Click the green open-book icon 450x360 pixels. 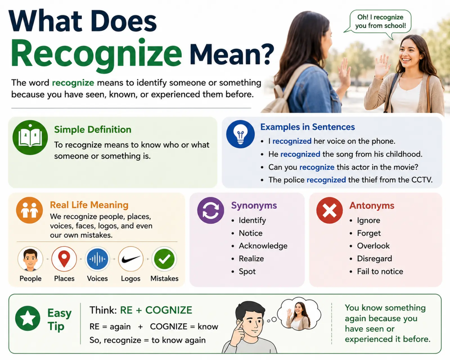point(30,138)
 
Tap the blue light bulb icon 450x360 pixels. point(240,134)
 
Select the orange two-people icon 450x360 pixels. point(30,210)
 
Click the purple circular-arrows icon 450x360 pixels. point(211,210)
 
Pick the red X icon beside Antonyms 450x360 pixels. point(329,210)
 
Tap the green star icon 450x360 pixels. point(28,318)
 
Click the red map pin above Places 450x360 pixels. point(64,259)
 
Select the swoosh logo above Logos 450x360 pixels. point(131,259)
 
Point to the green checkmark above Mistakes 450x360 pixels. point(164,259)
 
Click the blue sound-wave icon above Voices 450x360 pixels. point(97,259)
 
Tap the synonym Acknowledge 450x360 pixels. point(263,246)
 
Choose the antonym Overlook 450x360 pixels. point(373,246)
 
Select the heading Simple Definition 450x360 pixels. point(93,129)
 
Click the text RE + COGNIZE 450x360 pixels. point(156,310)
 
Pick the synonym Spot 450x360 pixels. point(247,271)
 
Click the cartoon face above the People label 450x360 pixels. point(30,259)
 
